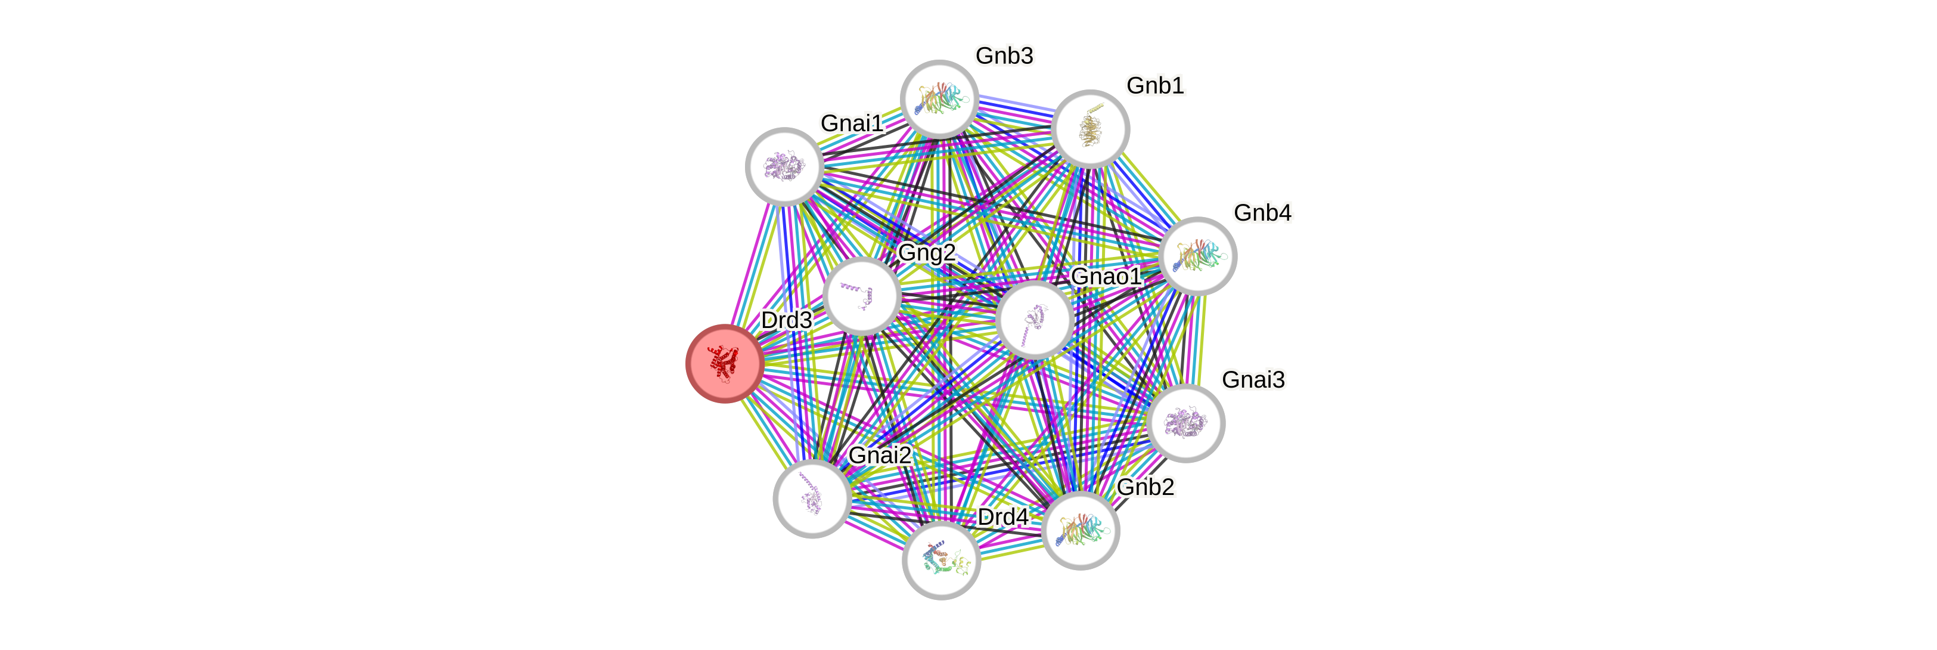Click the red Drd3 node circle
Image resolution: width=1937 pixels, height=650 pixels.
click(725, 363)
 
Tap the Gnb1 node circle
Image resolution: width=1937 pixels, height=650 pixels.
click(1090, 129)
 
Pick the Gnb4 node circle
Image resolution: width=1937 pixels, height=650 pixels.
click(1198, 256)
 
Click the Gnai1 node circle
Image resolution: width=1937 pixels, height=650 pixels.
click(784, 166)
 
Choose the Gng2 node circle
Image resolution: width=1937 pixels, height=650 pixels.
click(862, 296)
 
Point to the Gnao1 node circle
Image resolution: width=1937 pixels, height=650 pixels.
click(1035, 320)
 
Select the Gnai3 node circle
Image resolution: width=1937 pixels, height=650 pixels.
click(1187, 423)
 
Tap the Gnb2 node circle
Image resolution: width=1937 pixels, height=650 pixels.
click(1081, 530)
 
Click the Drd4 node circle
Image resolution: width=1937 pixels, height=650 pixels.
click(940, 561)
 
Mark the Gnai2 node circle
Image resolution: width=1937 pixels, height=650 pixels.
click(812, 498)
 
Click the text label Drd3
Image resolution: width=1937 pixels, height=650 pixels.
click(786, 320)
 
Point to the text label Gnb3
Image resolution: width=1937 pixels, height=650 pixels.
click(1004, 55)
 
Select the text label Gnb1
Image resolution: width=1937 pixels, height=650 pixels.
click(1155, 85)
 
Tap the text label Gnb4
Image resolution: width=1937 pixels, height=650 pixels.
click(1262, 212)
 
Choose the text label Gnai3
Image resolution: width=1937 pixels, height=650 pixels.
click(1253, 379)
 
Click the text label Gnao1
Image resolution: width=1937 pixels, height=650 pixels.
click(1106, 276)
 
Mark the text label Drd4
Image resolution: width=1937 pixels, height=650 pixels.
click(1002, 517)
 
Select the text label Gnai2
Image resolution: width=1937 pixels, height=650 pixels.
click(879, 454)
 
